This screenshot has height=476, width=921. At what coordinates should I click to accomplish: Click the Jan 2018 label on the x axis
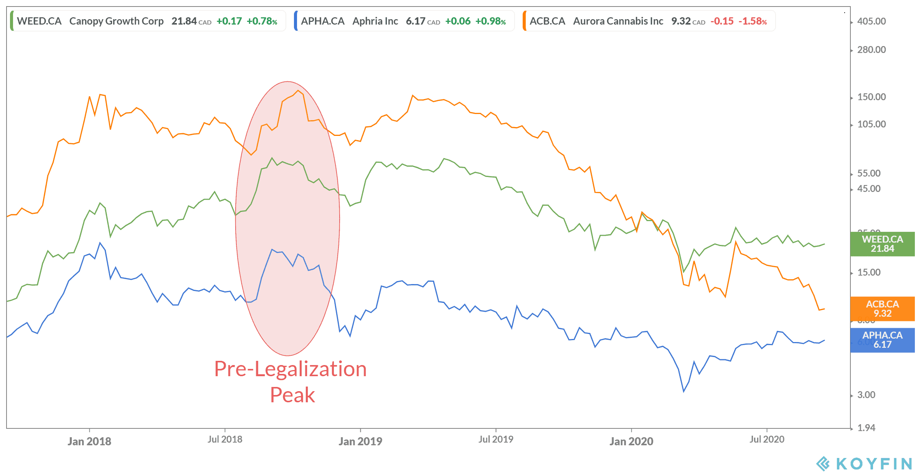click(89, 441)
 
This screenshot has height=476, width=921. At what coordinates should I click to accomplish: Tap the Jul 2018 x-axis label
click(225, 439)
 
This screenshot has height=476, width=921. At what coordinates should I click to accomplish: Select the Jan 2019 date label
click(360, 441)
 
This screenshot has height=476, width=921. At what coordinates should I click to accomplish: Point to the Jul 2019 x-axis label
click(496, 439)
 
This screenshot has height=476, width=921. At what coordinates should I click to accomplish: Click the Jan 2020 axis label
click(631, 441)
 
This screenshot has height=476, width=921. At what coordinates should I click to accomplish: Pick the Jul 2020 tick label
click(767, 439)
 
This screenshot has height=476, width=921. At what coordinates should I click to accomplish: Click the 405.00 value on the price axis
click(871, 21)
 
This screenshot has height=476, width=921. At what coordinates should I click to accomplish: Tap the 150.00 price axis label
click(871, 97)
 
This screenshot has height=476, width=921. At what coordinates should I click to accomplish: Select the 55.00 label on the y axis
click(869, 173)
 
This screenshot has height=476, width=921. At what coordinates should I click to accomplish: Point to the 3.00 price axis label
click(866, 395)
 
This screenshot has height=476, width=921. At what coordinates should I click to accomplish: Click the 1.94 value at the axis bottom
click(866, 428)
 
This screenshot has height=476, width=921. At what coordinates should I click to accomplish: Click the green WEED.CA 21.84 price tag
click(882, 244)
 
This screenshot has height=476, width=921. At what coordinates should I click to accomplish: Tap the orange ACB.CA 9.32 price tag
click(882, 309)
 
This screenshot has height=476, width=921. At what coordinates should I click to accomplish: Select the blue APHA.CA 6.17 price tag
click(882, 340)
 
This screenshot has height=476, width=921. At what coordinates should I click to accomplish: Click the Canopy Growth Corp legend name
click(116, 21)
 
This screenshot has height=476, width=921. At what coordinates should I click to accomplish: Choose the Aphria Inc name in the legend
click(375, 21)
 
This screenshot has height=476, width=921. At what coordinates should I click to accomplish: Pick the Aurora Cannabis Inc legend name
click(618, 21)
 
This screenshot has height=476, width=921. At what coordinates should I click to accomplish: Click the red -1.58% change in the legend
click(753, 21)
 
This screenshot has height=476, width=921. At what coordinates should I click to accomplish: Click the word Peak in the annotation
click(292, 395)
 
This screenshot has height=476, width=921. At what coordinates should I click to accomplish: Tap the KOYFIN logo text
click(874, 464)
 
